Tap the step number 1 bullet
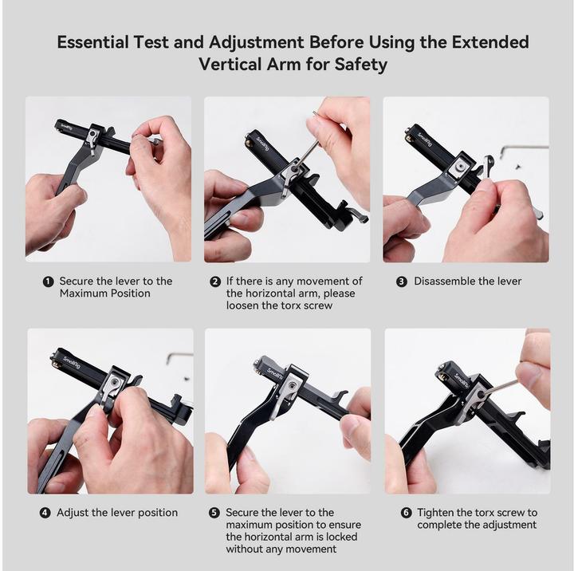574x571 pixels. coord(49,282)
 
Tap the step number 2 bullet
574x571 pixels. coord(215,282)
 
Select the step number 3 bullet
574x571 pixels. coord(402,282)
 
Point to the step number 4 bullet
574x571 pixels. coord(45,513)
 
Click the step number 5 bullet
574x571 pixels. coord(214,513)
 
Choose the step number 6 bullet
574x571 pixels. coord(406,513)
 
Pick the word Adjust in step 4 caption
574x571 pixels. coord(73,513)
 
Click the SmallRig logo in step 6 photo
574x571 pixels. coord(462,378)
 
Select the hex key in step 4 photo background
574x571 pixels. coord(179,356)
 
